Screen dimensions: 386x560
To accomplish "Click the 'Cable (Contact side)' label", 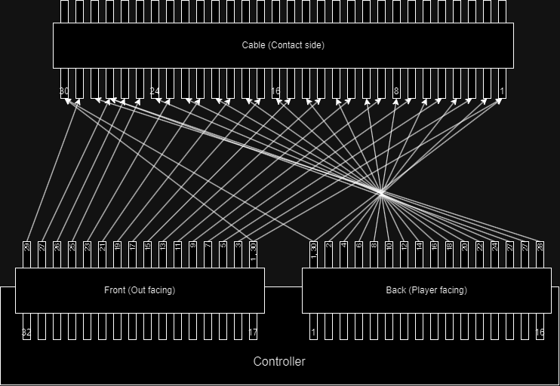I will point(283,45).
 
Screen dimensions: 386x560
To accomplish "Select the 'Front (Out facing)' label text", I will point(140,290).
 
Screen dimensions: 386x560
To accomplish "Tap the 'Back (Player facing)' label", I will point(426,290).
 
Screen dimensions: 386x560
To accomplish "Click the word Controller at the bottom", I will point(279,362).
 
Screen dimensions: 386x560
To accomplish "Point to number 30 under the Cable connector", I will point(64,91).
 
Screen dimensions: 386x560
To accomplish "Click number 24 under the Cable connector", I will point(155,91).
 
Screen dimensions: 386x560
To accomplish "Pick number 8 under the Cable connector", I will point(396,91).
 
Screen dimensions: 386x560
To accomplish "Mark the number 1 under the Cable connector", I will point(502,91).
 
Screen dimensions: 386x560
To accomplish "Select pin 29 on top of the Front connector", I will point(27,247).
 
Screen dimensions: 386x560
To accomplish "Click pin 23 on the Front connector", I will point(88,247).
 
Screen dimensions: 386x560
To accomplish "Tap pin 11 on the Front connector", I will point(178,247).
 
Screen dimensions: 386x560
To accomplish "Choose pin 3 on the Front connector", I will point(238,247).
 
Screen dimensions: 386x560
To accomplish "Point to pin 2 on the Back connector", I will point(329,247).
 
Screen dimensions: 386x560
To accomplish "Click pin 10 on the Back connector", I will point(389,247).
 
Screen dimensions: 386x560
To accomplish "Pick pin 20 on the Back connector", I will point(465,247).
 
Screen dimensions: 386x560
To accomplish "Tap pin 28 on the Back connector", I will point(540,247).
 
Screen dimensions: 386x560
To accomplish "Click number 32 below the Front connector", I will point(27,332).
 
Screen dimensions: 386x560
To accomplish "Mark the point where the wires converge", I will point(382,193).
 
